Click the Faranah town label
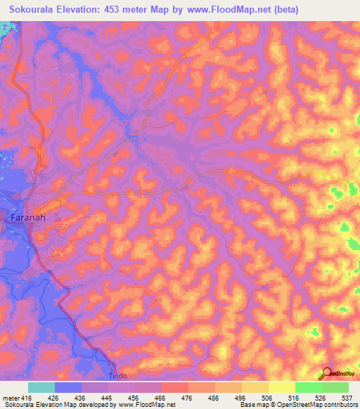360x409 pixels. [x=28, y=218]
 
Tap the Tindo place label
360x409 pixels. [x=119, y=376]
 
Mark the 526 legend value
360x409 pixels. [x=311, y=397]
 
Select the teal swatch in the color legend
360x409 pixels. [x=41, y=387]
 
